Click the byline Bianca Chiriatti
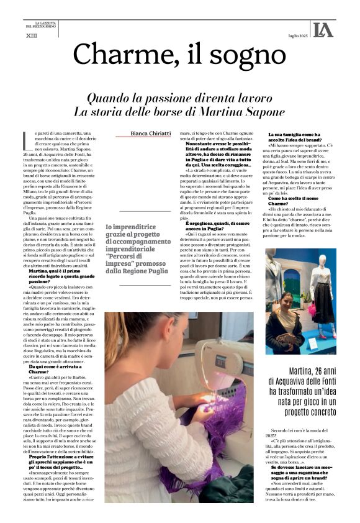[151, 133]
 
